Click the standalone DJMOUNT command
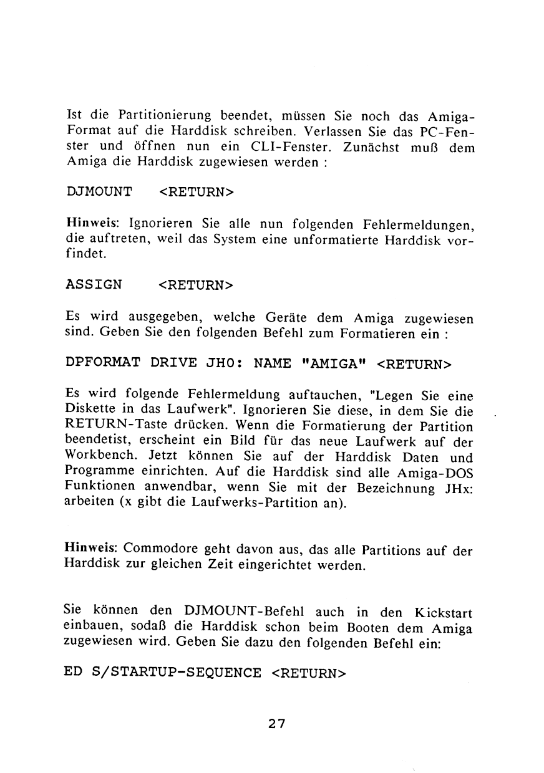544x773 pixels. [x=99, y=191]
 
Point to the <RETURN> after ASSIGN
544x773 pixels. [x=196, y=285]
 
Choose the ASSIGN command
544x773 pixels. [x=94, y=285]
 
